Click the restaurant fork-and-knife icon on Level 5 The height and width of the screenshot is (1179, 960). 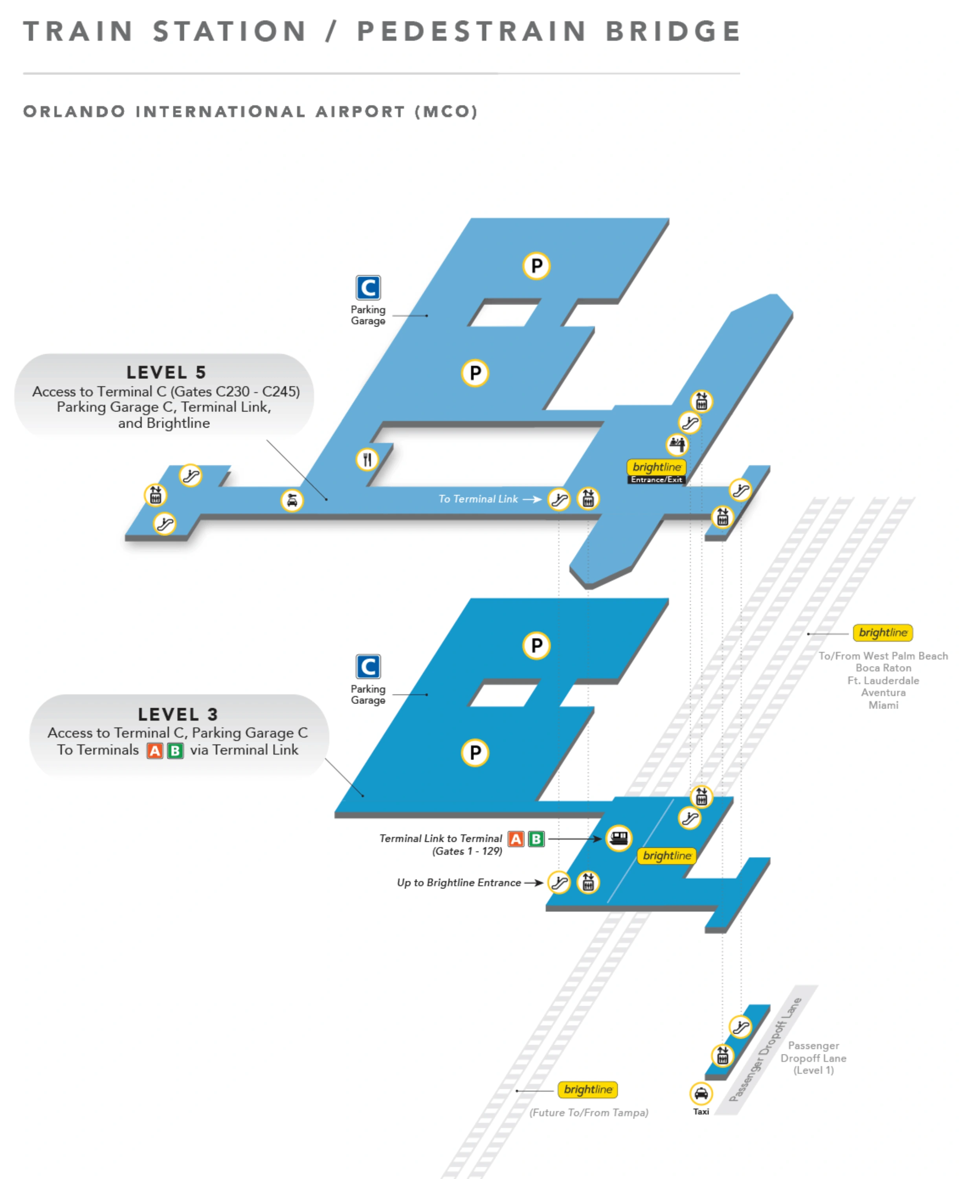tap(367, 459)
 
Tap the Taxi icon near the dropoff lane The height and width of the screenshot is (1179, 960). tap(701, 1093)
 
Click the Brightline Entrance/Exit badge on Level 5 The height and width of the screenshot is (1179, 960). tap(656, 472)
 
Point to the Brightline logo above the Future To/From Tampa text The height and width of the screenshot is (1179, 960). tap(587, 1089)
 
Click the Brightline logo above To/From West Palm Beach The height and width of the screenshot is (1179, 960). tap(883, 632)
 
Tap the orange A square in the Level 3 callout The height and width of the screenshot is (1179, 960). tap(155, 750)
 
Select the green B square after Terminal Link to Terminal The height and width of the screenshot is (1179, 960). tap(536, 839)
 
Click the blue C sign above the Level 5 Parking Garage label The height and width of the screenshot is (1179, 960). tap(368, 288)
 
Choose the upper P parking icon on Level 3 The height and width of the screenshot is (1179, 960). tap(536, 645)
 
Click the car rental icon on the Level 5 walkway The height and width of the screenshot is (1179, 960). tap(292, 500)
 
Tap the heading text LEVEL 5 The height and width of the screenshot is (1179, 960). tap(166, 372)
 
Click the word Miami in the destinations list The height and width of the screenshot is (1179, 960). tap(883, 705)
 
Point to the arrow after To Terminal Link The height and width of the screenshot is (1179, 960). tap(532, 499)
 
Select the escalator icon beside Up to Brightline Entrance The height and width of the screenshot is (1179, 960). tap(559, 883)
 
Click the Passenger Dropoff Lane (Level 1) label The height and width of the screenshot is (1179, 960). tap(813, 1058)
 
